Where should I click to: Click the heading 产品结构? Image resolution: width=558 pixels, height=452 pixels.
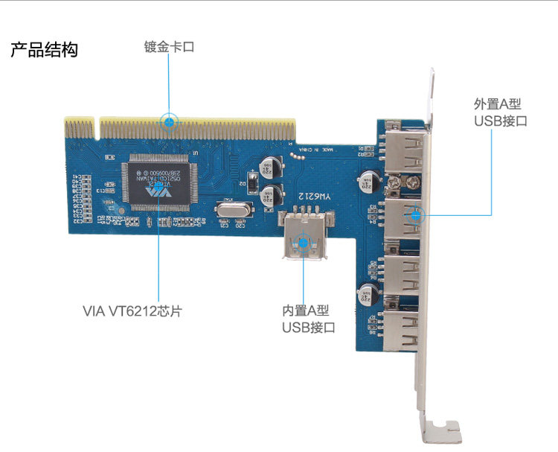coord(44,51)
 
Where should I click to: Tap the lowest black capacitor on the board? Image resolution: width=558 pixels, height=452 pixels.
coord(366,293)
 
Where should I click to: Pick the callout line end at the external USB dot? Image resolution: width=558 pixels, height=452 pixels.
coord(416,215)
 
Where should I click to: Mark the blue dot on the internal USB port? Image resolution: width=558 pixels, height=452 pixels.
coord(303,241)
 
